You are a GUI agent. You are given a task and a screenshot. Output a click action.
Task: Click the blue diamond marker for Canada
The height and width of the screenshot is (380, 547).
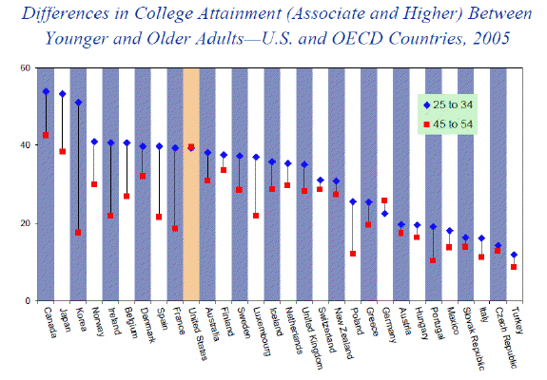click(x=46, y=91)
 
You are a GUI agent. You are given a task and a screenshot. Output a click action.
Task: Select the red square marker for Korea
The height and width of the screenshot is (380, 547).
click(x=78, y=233)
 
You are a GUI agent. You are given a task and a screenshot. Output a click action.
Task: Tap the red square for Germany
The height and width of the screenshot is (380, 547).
click(x=384, y=200)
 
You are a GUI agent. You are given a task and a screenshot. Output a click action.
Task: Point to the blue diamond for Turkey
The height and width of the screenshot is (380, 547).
click(x=514, y=255)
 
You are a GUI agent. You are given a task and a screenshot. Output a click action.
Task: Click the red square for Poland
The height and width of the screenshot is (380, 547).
click(x=353, y=254)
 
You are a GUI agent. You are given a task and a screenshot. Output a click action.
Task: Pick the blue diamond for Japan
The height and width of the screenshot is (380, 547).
click(x=63, y=94)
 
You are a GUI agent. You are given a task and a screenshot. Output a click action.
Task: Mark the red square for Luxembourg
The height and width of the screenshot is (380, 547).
click(x=256, y=216)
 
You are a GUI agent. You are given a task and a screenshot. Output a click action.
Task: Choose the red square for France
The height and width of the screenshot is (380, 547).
click(x=175, y=229)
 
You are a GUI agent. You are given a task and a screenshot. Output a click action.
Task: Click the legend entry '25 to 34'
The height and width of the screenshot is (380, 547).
click(x=448, y=104)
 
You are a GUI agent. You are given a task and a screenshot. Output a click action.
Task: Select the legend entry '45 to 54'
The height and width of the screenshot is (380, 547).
click(x=448, y=124)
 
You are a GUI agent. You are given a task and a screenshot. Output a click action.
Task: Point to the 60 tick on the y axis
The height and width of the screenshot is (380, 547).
click(x=28, y=67)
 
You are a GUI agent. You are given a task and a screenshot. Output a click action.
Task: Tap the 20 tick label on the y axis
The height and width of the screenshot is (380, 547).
click(x=28, y=223)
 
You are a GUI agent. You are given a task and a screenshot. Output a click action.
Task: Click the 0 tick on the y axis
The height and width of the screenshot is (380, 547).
click(x=29, y=300)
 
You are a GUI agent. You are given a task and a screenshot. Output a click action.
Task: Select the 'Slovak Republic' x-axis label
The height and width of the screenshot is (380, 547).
click(x=474, y=338)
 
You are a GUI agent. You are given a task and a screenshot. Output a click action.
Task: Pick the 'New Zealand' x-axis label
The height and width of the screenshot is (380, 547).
click(x=343, y=333)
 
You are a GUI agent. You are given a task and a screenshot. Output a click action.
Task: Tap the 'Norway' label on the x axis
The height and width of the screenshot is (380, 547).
click(x=98, y=321)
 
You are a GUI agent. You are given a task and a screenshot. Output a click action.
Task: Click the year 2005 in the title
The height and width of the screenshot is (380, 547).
click(x=491, y=38)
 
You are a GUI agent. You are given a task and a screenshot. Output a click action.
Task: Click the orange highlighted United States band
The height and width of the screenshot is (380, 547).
click(x=191, y=184)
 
